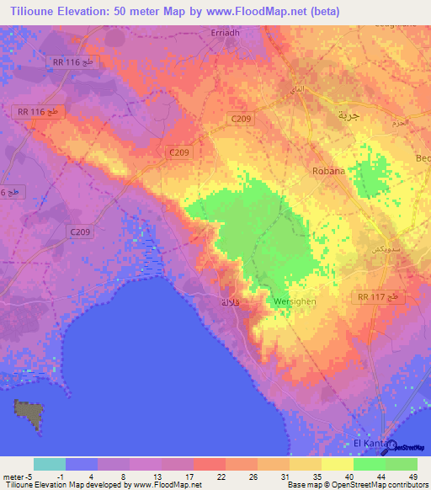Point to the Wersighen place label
[x=294, y=301]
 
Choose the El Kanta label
[x=368, y=444]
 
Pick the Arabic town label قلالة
[x=230, y=301]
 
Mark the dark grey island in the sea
[x=29, y=413]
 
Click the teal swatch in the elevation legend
[x=50, y=464]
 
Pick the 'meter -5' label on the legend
[x=18, y=477]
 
